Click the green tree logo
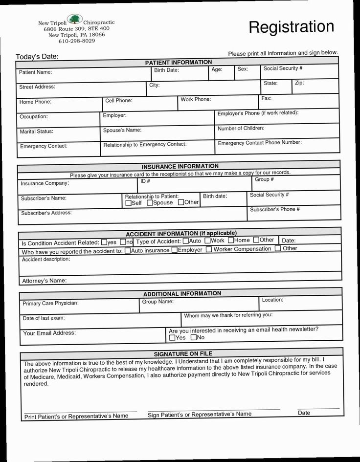point(75,20)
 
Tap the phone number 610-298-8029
point(73,41)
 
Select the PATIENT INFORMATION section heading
point(179,63)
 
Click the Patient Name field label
point(35,72)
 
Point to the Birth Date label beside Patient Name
point(166,70)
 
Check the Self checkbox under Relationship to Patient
point(128,203)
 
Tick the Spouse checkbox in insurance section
point(150,202)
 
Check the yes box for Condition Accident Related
point(103,242)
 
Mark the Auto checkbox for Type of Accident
point(185,241)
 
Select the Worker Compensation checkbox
point(209,249)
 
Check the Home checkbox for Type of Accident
point(231,240)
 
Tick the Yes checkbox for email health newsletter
point(172,337)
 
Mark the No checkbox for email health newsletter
point(193,337)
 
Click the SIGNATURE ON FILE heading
point(183,353)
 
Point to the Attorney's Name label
point(44,281)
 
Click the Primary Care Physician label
point(50,304)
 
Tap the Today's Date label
point(37,57)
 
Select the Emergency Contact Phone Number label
point(259,143)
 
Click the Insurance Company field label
point(45,183)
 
